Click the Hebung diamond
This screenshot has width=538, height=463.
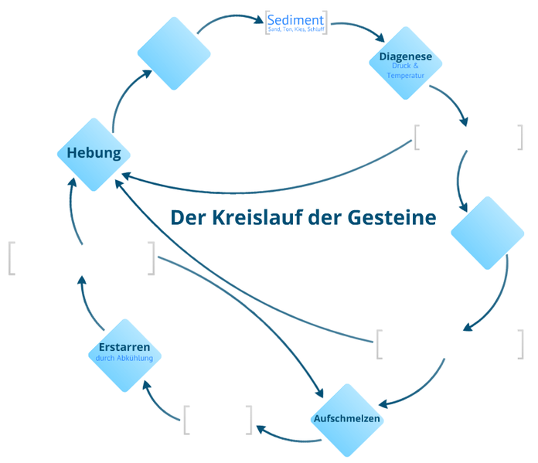click(94, 153)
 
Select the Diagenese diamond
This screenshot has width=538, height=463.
click(405, 63)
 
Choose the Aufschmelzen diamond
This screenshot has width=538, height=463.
click(347, 419)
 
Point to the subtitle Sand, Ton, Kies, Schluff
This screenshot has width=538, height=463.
click(295, 29)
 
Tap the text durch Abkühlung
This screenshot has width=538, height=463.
click(124, 359)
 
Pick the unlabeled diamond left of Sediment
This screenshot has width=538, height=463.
click(174, 53)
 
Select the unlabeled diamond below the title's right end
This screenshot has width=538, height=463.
click(487, 233)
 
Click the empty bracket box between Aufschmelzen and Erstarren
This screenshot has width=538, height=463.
click(218, 419)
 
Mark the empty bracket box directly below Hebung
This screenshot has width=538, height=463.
click(81, 258)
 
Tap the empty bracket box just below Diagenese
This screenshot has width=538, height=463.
click(468, 137)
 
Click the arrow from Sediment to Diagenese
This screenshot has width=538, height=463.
click(357, 29)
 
